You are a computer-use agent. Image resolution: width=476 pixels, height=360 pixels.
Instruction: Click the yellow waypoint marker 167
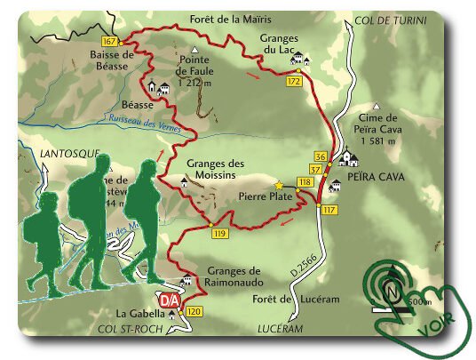110,43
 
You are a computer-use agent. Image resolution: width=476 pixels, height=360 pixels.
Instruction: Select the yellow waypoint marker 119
220,234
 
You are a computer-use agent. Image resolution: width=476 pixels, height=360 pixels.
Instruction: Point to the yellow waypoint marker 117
329,210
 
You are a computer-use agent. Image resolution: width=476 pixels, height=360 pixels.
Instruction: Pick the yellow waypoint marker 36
321,156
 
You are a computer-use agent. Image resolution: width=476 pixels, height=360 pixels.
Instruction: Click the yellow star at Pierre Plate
279,185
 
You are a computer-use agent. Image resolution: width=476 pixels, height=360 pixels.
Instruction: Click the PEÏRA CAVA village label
378,178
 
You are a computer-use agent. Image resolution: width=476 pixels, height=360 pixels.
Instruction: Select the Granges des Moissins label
216,169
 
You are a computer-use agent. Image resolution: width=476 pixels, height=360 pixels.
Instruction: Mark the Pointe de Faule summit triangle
193,49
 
